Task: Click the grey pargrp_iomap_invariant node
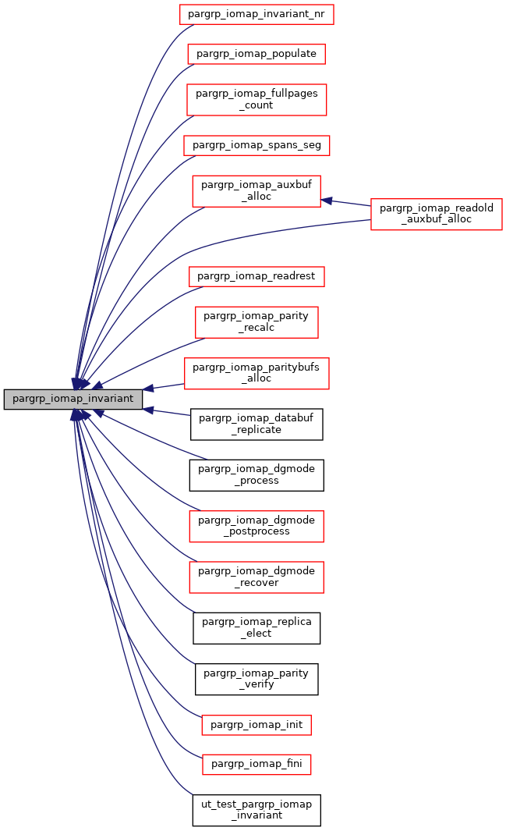tap(74, 399)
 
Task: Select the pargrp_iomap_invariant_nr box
tap(257, 14)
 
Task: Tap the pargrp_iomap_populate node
tap(257, 54)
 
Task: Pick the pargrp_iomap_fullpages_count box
tap(257, 99)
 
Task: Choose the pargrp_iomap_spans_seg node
tap(257, 144)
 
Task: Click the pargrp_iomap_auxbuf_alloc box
tap(257, 190)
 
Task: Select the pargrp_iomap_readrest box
tap(257, 276)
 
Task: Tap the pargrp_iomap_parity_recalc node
tap(257, 321)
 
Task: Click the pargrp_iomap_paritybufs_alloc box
tap(257, 372)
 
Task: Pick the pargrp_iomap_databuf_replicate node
tap(257, 424)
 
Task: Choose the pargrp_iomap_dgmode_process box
tap(257, 474)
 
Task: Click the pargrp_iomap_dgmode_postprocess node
tap(257, 525)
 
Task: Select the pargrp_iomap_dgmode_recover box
tap(257, 577)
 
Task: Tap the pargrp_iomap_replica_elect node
tap(257, 627)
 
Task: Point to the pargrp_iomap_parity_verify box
tap(257, 678)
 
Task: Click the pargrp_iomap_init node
tap(257, 725)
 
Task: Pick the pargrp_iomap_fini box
tap(257, 765)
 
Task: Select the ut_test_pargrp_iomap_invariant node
tap(257, 810)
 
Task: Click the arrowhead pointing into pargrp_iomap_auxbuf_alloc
tap(327, 200)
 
